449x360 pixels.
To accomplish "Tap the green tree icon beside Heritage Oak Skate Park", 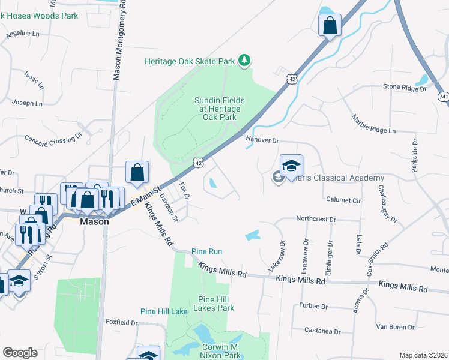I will coord(244,60).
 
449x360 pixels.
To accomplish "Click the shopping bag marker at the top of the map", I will coord(330,26).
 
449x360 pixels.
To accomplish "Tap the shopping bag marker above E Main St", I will coord(137,172).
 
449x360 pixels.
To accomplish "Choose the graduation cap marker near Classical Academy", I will coord(291,166).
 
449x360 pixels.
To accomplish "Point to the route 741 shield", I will coord(444,96).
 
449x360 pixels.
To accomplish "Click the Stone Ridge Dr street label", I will coord(404,88).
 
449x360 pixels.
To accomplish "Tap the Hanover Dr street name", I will coord(262,140).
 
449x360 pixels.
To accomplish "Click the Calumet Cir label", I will coord(343,200).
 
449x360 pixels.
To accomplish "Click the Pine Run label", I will coord(206,251).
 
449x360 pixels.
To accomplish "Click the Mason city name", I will coord(95,221).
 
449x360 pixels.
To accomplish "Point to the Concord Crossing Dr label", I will coord(53,140).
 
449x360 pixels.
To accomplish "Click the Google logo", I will coord(20,352).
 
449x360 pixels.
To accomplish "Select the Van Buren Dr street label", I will coord(396,327).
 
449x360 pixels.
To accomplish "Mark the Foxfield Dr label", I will coord(122,322).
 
